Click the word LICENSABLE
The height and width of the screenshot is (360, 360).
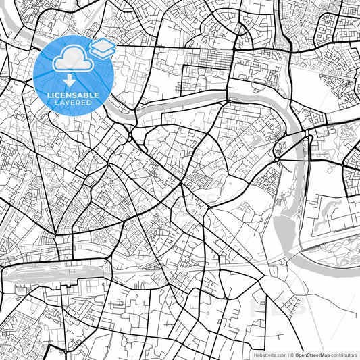[73, 96]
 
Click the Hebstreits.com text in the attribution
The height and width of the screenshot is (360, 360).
[269, 355]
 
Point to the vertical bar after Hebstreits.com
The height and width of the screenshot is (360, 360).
[288, 355]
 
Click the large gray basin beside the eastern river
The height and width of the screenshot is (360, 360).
[284, 230]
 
